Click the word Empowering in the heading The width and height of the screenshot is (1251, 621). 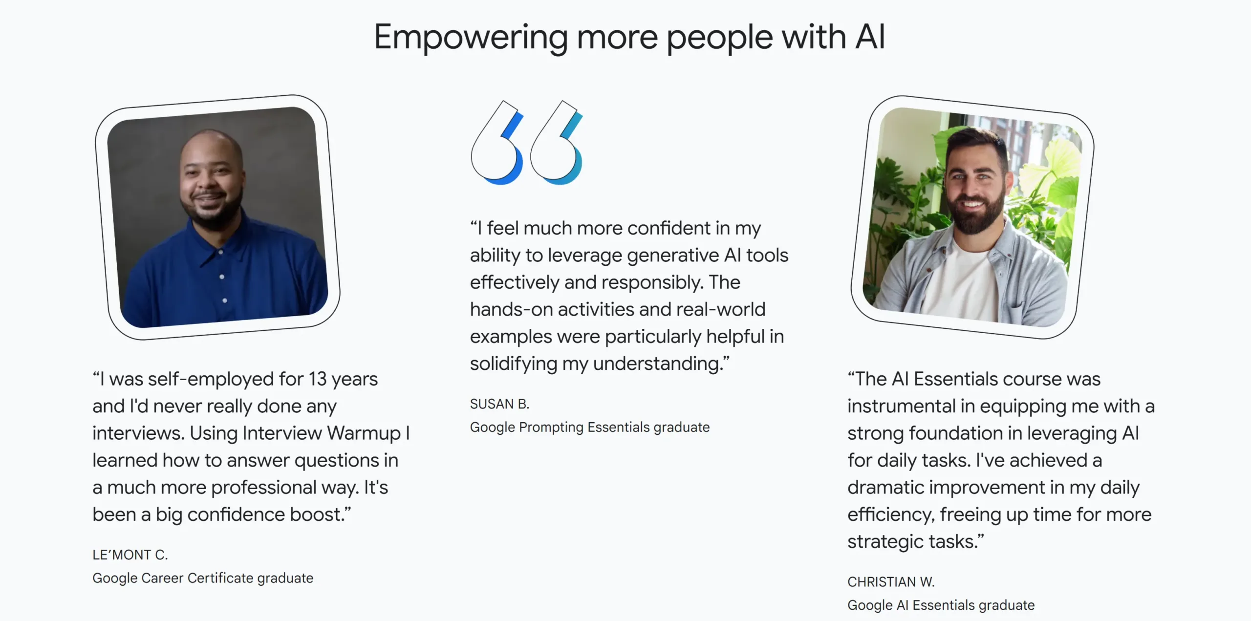pos(471,38)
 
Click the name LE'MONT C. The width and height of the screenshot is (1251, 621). pos(130,555)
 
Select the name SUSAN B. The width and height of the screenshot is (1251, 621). pos(499,404)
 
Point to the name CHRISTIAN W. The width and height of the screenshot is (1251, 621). pos(891,582)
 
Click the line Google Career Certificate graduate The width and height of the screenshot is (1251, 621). pos(203,578)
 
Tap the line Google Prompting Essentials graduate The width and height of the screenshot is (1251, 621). pos(590,428)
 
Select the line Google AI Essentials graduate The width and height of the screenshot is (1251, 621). pos(941,605)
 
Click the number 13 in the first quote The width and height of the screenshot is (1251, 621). pos(318,379)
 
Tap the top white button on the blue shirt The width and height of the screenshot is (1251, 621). pos(221,252)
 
